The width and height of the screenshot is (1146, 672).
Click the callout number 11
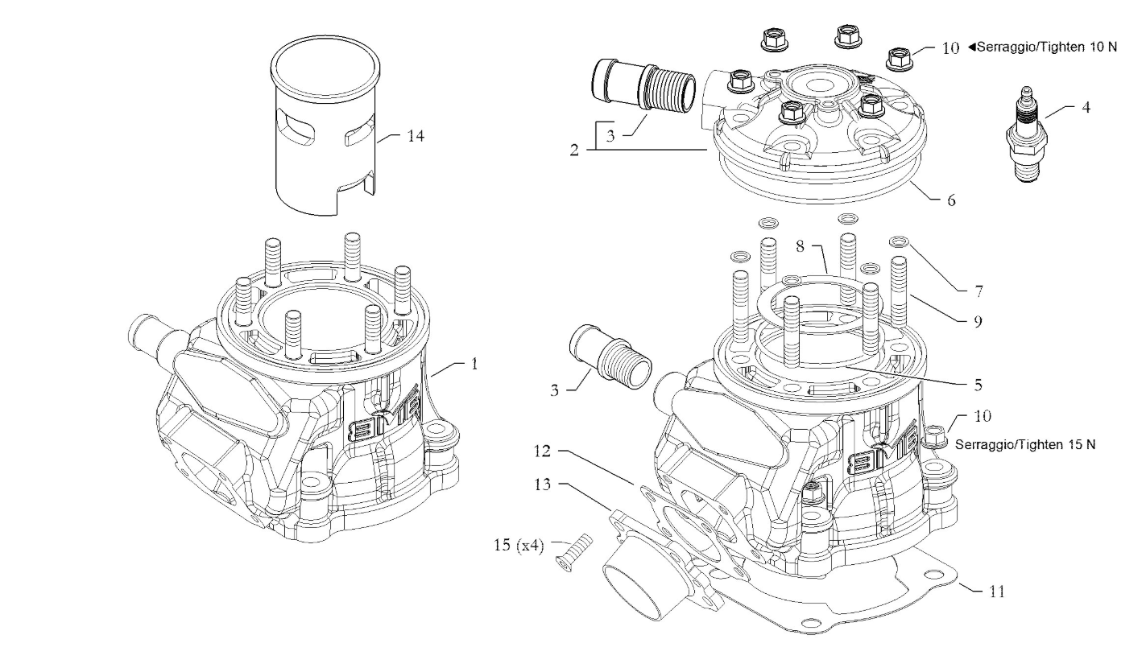point(996,592)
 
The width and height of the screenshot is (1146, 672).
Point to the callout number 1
point(474,364)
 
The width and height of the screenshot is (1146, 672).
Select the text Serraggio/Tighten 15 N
point(1024,444)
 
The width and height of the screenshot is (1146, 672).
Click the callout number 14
point(416,136)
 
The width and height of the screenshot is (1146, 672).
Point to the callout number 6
point(951,200)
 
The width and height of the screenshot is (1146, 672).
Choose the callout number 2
point(573,150)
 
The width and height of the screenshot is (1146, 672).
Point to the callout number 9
point(954,320)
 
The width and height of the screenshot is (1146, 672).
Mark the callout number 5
point(977,385)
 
